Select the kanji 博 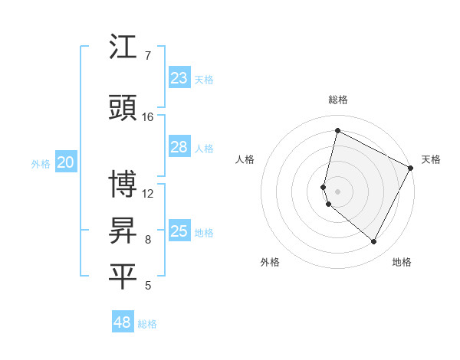click(123, 184)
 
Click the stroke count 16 click(148, 117)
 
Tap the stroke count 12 click(148, 193)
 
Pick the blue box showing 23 click(179, 78)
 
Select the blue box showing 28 click(179, 148)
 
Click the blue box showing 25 click(179, 231)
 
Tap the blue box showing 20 click(66, 162)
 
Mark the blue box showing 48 click(123, 322)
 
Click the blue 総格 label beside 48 click(147, 324)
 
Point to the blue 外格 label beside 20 click(41, 163)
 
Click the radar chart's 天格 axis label click(431, 159)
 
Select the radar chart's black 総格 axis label click(338, 100)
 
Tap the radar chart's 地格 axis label click(402, 262)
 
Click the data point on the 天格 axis click(411, 168)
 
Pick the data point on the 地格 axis click(374, 242)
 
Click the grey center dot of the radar click(338, 191)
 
